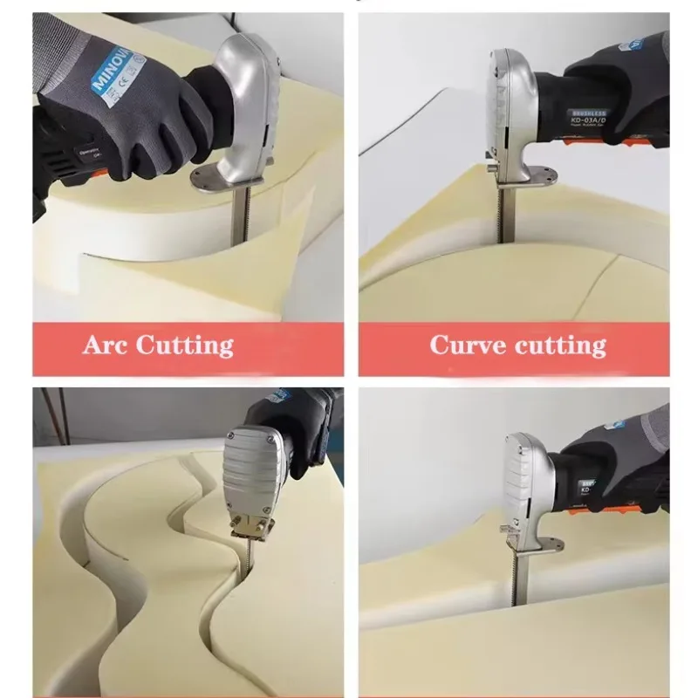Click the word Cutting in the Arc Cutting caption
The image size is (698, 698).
[186, 345]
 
